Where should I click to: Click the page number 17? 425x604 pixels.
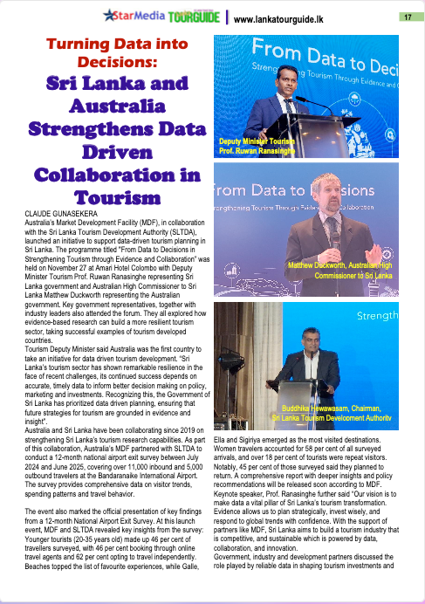[408, 17]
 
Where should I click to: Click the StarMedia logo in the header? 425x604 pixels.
[130, 16]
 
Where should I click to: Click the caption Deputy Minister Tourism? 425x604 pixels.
[256, 140]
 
